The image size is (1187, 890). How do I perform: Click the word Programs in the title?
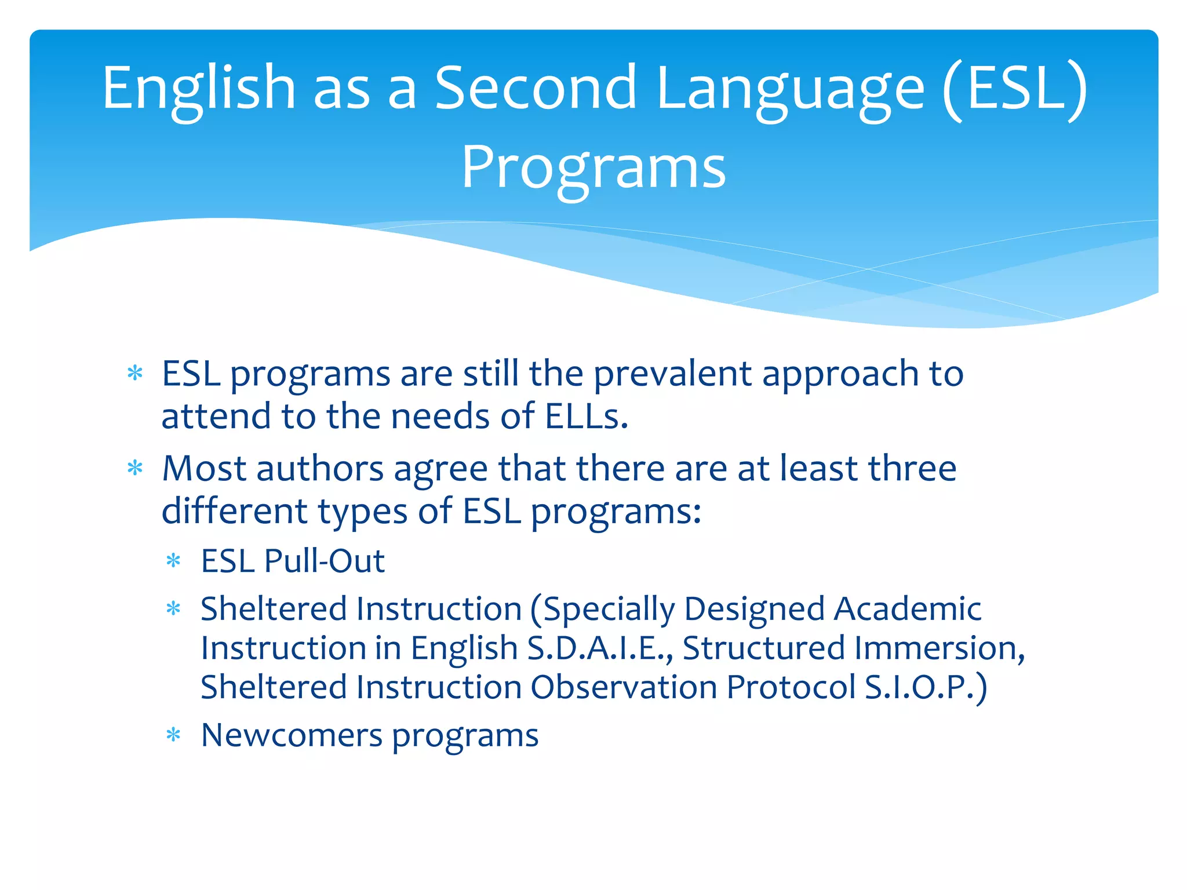click(x=593, y=168)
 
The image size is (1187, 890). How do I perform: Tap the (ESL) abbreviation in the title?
click(x=1014, y=88)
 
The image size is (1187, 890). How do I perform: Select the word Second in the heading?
click(x=536, y=88)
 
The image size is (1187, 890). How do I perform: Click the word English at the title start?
click(x=199, y=88)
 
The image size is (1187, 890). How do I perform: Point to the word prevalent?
click(x=672, y=374)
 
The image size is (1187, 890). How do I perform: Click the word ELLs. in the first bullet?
click(x=586, y=417)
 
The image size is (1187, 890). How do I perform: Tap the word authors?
click(x=320, y=468)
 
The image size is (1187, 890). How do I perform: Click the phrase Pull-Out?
click(x=324, y=561)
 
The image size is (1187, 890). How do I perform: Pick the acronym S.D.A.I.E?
click(x=600, y=648)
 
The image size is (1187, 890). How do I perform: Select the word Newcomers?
click(x=292, y=735)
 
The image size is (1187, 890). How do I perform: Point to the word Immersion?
click(x=939, y=648)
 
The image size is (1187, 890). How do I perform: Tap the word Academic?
click(x=907, y=609)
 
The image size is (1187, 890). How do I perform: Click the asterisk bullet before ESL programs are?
click(x=135, y=373)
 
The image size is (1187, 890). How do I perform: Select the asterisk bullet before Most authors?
click(x=135, y=468)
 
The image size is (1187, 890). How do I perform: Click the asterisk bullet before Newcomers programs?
click(x=173, y=735)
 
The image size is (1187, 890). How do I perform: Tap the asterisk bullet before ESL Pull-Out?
click(x=173, y=560)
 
